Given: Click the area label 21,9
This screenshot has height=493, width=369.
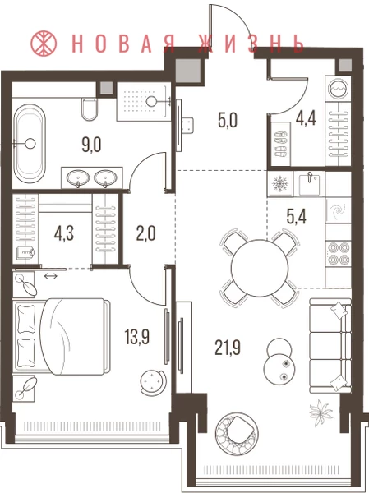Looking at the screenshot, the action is pyautogui.click(x=228, y=348).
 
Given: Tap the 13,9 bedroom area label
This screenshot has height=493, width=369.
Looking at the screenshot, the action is pyautogui.click(x=137, y=337).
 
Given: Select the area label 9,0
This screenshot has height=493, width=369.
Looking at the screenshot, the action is pyautogui.click(x=91, y=145).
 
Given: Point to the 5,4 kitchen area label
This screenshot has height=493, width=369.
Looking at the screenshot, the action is pyautogui.click(x=297, y=216).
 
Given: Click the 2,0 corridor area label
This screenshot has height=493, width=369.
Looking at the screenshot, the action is pyautogui.click(x=146, y=233).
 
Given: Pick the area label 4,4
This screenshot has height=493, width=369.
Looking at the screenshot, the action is pyautogui.click(x=306, y=119).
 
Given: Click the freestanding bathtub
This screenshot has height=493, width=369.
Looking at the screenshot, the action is pyautogui.click(x=30, y=143).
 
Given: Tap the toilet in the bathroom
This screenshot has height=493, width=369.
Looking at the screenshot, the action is pyautogui.click(x=89, y=108).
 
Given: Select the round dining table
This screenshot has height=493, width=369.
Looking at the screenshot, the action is pyautogui.click(x=260, y=268).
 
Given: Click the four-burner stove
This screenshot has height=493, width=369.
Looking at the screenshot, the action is pyautogui.click(x=339, y=254).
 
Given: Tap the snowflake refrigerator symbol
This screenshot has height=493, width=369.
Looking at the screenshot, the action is pyautogui.click(x=279, y=183).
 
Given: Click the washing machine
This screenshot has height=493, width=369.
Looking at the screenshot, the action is pyautogui.click(x=338, y=89).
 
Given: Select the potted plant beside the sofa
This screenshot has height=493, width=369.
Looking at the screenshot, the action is pyautogui.click(x=321, y=412).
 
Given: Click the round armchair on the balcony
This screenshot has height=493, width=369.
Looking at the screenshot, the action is pyautogui.click(x=238, y=434).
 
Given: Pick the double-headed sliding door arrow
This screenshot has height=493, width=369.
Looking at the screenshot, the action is pyautogui.click(x=51, y=276).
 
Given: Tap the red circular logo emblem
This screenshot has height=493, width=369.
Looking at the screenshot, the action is pyautogui.click(x=44, y=43).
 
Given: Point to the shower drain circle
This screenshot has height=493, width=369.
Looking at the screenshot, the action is pyautogui.click(x=152, y=100).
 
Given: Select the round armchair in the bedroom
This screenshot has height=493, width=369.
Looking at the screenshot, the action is pyautogui.click(x=153, y=381).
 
